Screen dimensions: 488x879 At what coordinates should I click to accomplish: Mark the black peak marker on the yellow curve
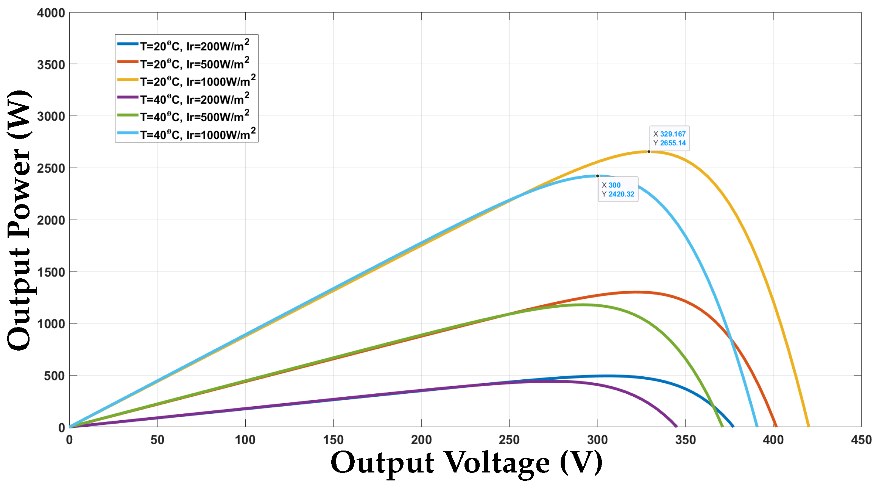(x=649, y=152)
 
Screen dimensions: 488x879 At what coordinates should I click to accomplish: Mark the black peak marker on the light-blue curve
(x=598, y=176)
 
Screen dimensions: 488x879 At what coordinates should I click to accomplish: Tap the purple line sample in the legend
(x=128, y=97)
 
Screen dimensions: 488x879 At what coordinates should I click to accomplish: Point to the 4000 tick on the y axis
(x=51, y=13)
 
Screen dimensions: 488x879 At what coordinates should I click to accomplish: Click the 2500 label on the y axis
(x=51, y=168)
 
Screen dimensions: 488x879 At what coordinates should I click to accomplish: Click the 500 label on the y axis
(x=54, y=376)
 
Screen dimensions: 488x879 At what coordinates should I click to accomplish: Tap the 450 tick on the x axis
(x=861, y=440)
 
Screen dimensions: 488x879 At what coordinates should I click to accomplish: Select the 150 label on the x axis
(x=333, y=440)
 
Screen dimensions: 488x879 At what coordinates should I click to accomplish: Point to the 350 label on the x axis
(x=686, y=440)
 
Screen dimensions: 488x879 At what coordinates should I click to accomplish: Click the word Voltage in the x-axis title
(x=496, y=463)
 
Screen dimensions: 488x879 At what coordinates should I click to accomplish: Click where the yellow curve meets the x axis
(x=809, y=427)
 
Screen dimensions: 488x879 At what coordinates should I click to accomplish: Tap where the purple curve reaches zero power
(x=676, y=427)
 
